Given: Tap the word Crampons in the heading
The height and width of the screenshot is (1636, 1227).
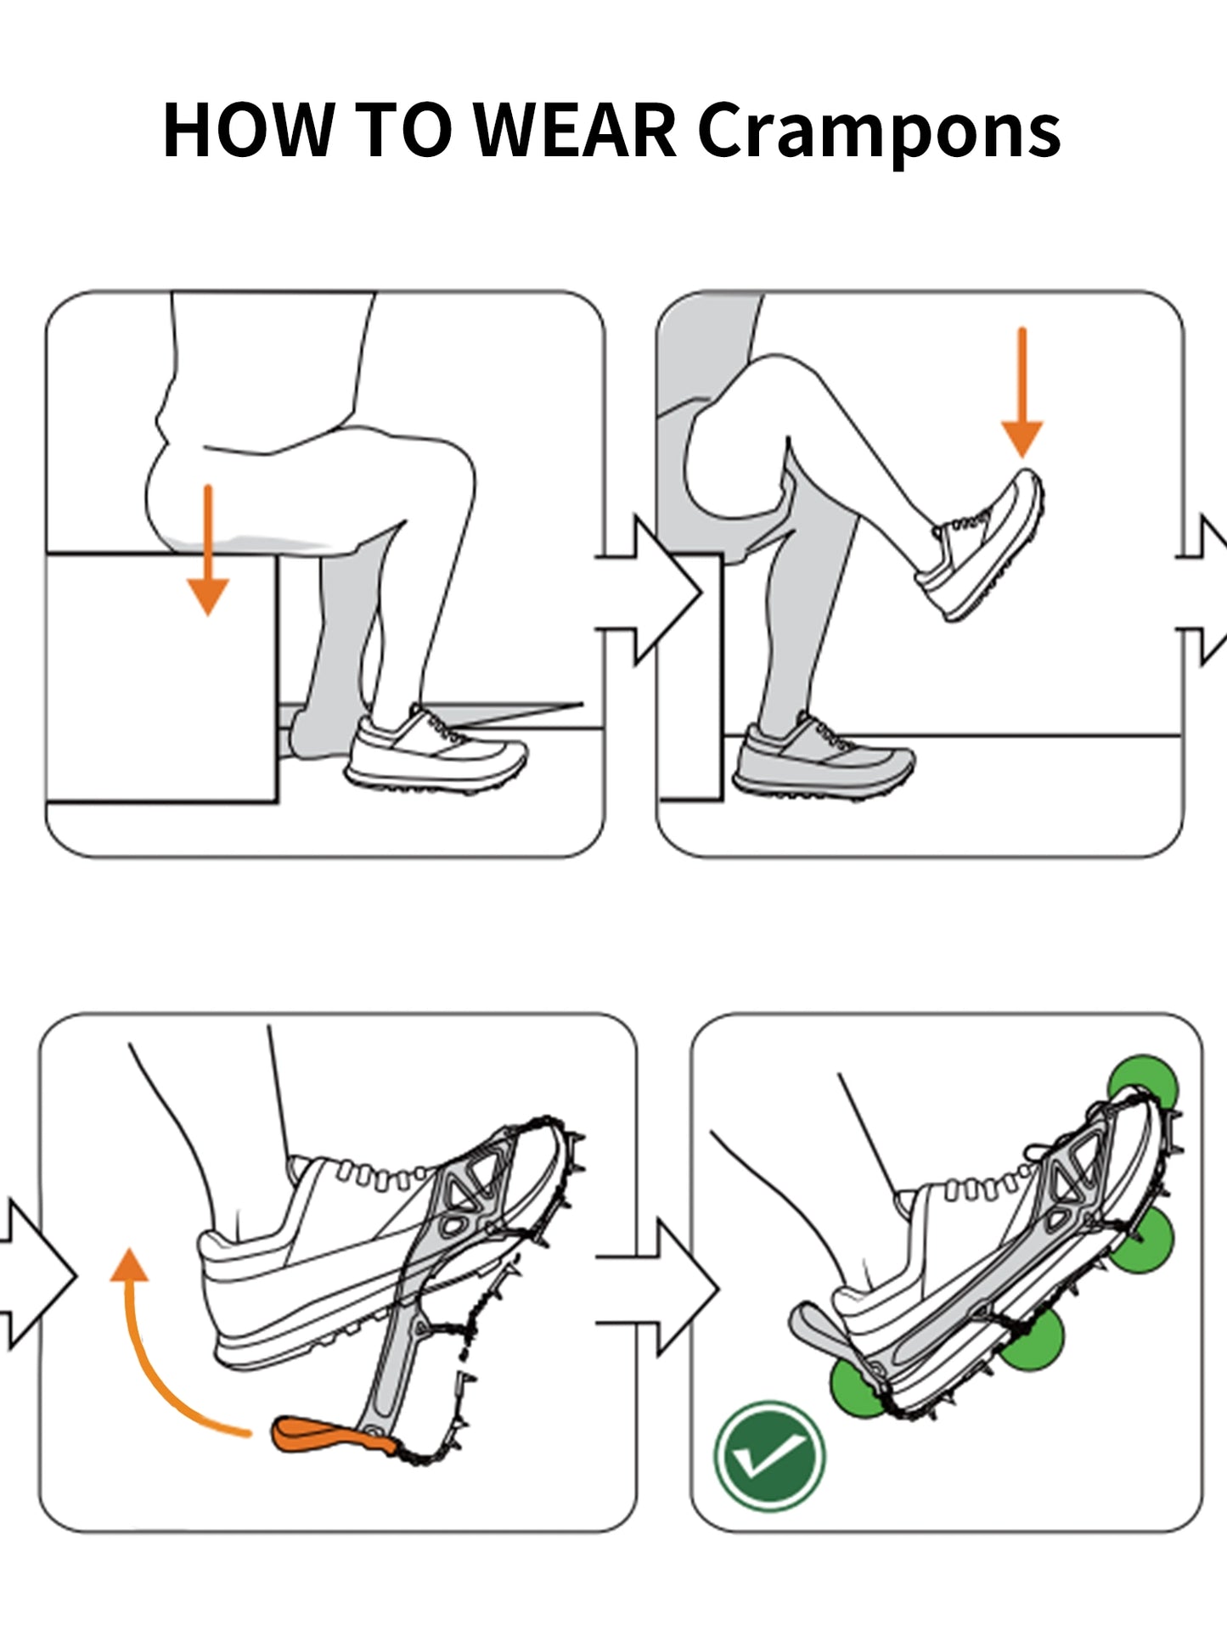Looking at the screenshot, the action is (879, 134).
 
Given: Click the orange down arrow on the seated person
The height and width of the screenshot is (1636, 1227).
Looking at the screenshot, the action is (207, 550).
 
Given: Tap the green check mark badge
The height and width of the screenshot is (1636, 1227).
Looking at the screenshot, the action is (769, 1457).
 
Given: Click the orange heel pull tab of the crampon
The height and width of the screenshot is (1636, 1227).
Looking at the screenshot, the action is (323, 1436).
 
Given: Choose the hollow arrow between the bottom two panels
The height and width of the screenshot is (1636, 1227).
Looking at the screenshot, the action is (659, 1288).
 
